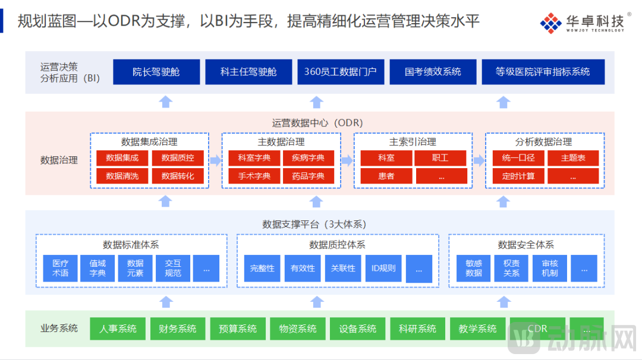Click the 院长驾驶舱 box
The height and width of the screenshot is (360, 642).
tap(156, 72)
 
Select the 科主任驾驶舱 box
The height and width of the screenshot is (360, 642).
tap(248, 72)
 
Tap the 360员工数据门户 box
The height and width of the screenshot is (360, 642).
tap(341, 72)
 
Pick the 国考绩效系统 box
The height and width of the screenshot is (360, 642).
tap(433, 72)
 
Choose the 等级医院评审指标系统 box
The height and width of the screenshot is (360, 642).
tap(543, 72)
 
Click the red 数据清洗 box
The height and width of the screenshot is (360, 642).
tap(122, 176)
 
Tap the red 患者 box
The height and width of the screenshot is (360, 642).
tap(386, 176)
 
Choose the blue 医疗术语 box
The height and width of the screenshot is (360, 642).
tap(60, 268)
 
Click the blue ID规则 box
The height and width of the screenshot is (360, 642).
tap(383, 268)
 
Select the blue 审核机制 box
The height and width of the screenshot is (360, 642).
tap(550, 268)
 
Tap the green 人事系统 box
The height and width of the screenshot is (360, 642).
tap(118, 329)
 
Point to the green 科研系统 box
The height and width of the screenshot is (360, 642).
tap(417, 329)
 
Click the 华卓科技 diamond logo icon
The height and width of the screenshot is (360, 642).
tap(550, 23)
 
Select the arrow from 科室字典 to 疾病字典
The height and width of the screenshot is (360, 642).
tap(278, 158)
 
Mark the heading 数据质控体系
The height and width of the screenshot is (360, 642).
tap(337, 245)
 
